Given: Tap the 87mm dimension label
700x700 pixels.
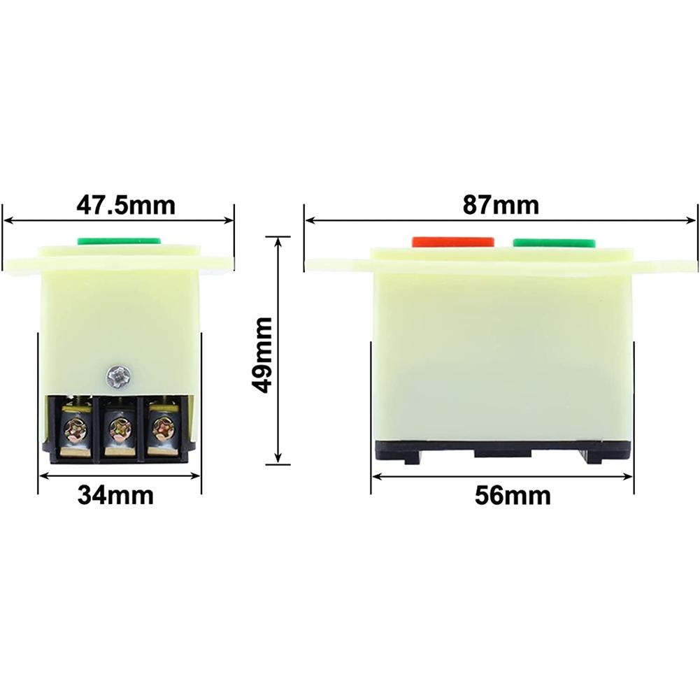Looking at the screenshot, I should click(501, 206).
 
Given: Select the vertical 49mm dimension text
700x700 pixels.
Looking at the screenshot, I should click(263, 355).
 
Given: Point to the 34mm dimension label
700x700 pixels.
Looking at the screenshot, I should click(115, 495).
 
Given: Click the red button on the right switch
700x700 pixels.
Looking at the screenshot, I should click(453, 241).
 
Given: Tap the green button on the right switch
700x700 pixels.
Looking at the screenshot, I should click(554, 242).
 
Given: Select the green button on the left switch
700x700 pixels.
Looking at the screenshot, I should click(119, 241).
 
